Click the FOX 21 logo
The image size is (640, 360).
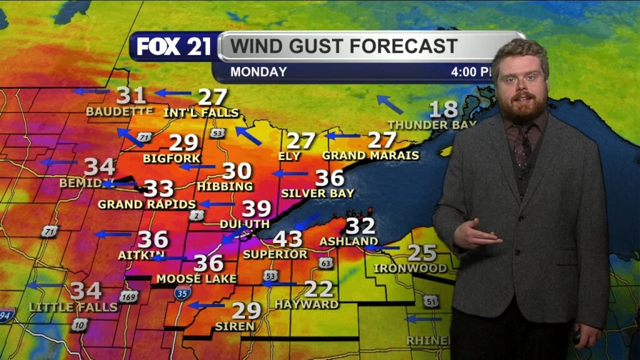coord(174,47)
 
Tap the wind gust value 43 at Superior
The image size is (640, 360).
coord(287,239)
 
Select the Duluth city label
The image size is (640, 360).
coord(244,224)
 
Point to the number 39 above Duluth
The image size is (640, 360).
coord(256,209)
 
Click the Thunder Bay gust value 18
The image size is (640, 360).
coord(443,110)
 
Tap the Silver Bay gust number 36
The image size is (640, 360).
coord(329,178)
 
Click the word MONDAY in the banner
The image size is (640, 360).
coord(258,72)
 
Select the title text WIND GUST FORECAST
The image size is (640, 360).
coord(344,46)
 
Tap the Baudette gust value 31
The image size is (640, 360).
coord(131,96)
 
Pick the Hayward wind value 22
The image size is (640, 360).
coord(319,289)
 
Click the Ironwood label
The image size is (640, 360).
coord(410,268)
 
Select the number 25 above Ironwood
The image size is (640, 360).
coord(422,253)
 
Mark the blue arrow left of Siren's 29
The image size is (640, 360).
coord(206,306)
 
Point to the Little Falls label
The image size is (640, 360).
coord(73,307)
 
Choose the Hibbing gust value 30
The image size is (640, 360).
coord(237,171)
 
